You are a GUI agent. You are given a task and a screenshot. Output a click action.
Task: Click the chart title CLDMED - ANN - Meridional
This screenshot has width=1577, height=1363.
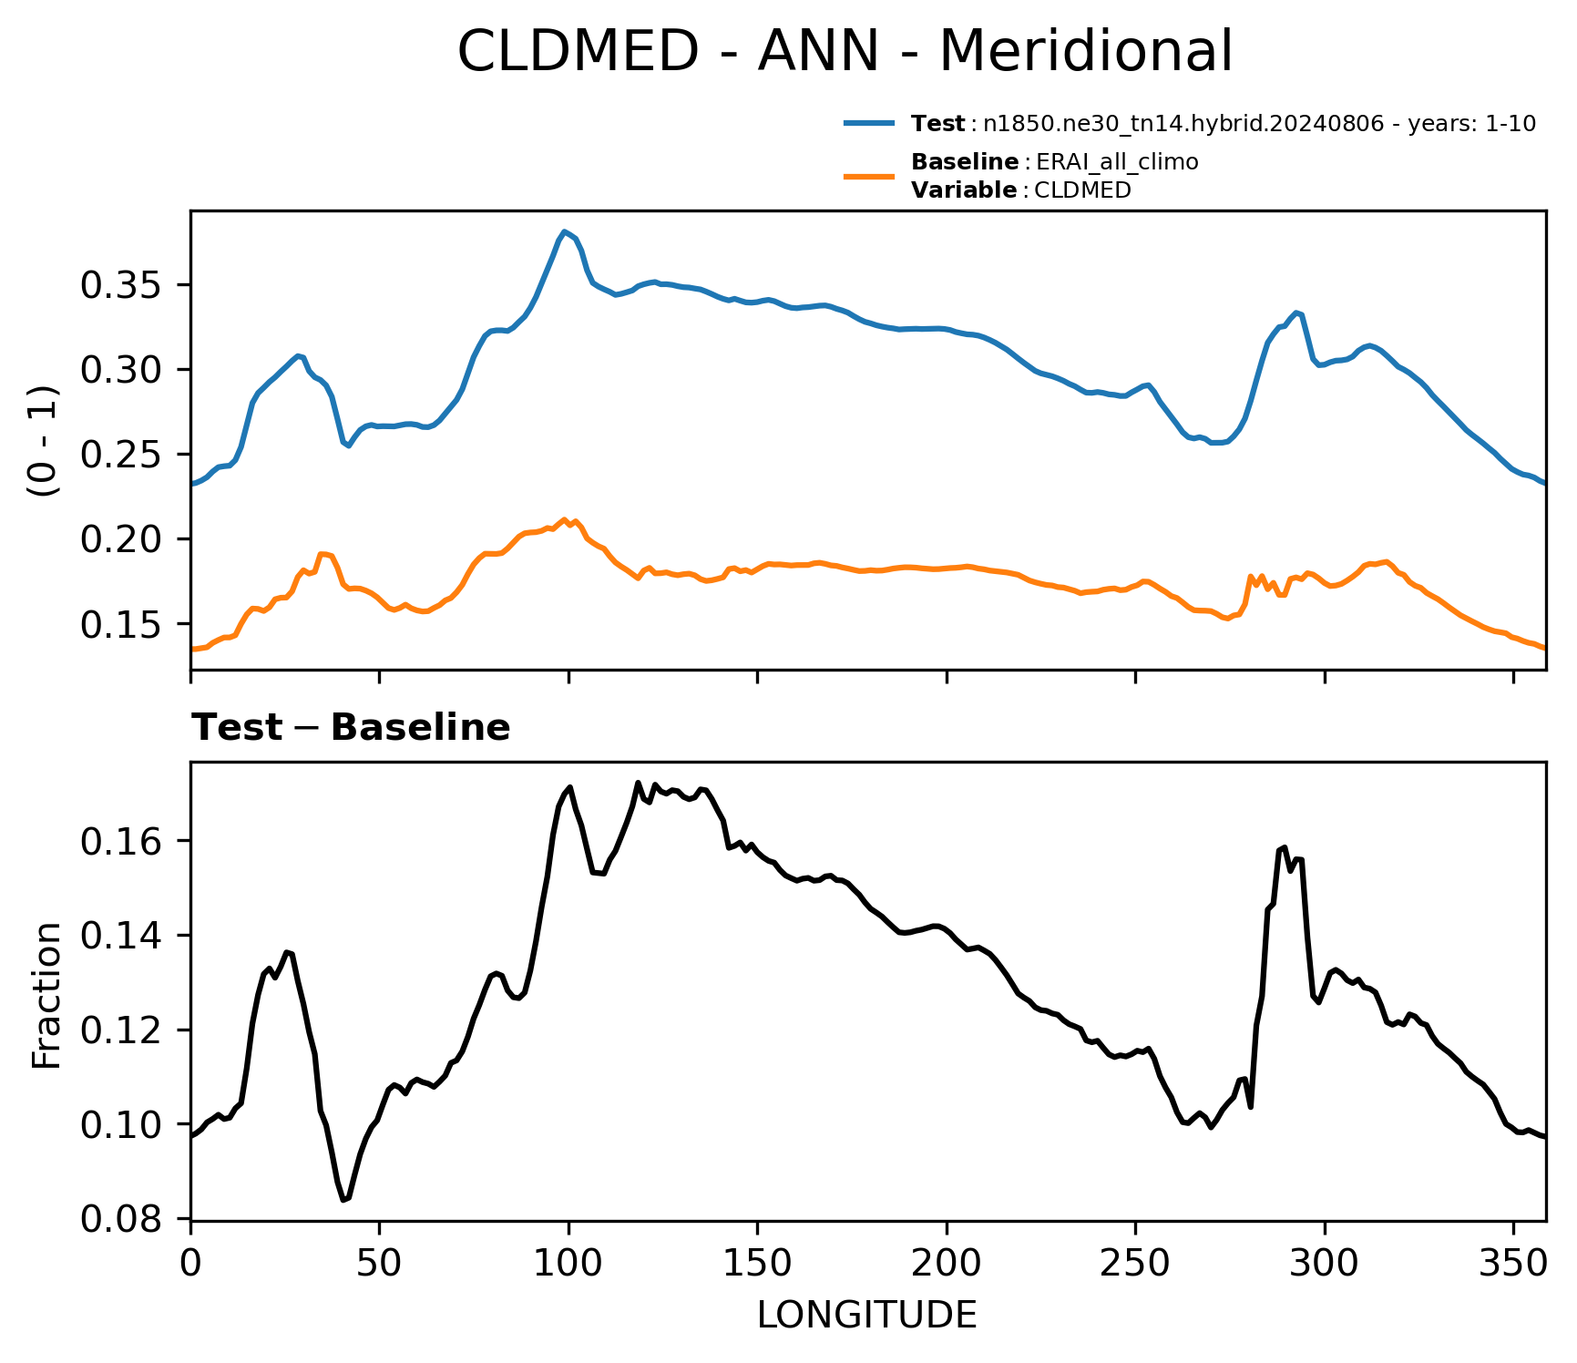pyautogui.click(x=845, y=51)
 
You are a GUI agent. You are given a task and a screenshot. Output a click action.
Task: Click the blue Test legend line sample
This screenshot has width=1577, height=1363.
pyautogui.click(x=870, y=124)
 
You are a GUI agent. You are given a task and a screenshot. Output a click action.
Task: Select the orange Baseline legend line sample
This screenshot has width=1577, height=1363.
pyautogui.click(x=870, y=176)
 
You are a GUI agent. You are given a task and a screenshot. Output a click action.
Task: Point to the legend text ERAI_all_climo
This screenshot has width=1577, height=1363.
pyautogui.click(x=1117, y=163)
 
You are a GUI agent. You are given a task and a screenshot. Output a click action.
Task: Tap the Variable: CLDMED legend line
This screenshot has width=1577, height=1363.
pyautogui.click(x=1021, y=190)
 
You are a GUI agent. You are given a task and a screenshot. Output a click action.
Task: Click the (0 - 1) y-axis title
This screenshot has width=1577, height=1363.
pyautogui.click(x=43, y=441)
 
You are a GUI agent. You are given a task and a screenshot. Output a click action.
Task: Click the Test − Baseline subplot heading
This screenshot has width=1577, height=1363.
pyautogui.click(x=351, y=729)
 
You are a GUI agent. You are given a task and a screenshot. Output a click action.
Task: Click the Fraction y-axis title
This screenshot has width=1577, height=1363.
pyautogui.click(x=46, y=995)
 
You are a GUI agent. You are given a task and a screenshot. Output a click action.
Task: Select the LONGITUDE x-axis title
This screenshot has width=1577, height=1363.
pyautogui.click(x=867, y=1315)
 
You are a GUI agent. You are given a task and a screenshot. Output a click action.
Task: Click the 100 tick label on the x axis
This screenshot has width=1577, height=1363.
pyautogui.click(x=568, y=1263)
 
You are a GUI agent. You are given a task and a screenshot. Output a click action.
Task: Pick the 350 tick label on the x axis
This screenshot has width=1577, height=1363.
pyautogui.click(x=1513, y=1263)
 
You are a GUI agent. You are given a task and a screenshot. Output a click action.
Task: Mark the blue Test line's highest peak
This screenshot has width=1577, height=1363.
pyautogui.click(x=565, y=231)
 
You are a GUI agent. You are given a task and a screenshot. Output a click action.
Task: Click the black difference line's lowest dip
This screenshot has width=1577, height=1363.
pyautogui.click(x=343, y=1200)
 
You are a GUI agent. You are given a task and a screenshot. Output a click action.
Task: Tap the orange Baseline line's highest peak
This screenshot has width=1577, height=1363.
pyautogui.click(x=565, y=518)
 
